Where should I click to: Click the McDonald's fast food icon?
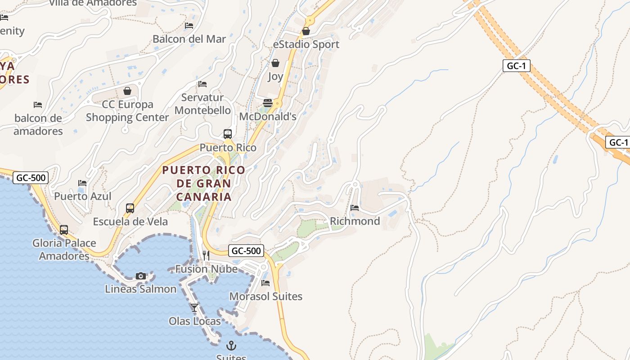[x=268, y=103]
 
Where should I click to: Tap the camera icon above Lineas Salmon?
[x=141, y=276]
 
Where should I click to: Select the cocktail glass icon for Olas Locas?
[x=194, y=308]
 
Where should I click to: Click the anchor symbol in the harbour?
[x=231, y=346]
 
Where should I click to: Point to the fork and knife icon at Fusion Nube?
[x=206, y=256]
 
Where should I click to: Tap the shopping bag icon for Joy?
[x=275, y=63]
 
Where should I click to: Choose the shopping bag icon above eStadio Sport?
[x=306, y=31]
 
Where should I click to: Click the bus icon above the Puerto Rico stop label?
[x=228, y=134]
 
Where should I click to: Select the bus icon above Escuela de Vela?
[x=130, y=208]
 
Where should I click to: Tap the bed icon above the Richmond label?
[x=355, y=207]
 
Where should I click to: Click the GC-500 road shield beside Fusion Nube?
[x=246, y=251]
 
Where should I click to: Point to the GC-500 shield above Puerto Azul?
[x=31, y=178]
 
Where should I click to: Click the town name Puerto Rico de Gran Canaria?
[x=204, y=183]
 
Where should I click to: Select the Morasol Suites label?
[x=266, y=297]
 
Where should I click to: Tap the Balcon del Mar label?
[x=189, y=39]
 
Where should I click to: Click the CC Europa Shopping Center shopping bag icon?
[x=127, y=91]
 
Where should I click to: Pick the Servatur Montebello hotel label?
[x=202, y=104]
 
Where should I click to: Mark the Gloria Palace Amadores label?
[x=64, y=249]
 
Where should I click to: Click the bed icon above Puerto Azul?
[x=82, y=183]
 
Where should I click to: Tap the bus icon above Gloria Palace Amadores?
[x=64, y=229]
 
